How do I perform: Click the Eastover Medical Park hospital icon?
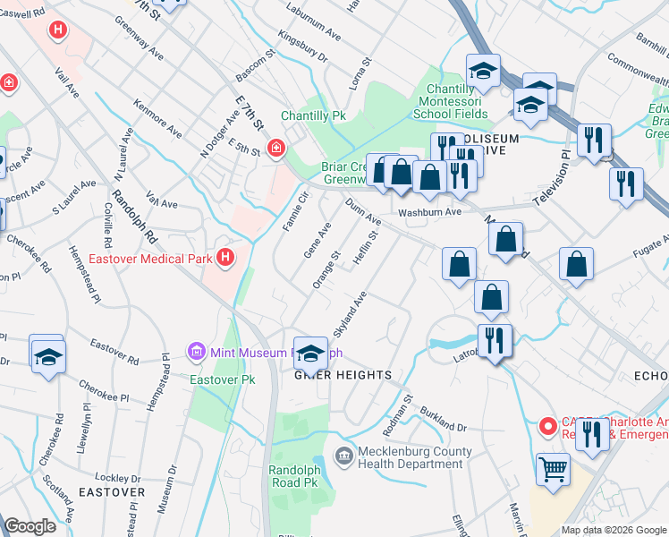[226, 260]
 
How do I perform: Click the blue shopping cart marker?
[554, 467]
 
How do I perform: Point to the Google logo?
[30, 526]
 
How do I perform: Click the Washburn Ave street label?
[429, 212]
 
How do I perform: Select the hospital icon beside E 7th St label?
[276, 147]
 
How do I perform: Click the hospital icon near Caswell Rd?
[58, 31]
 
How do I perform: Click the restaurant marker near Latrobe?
[494, 341]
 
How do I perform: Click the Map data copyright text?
[613, 530]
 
